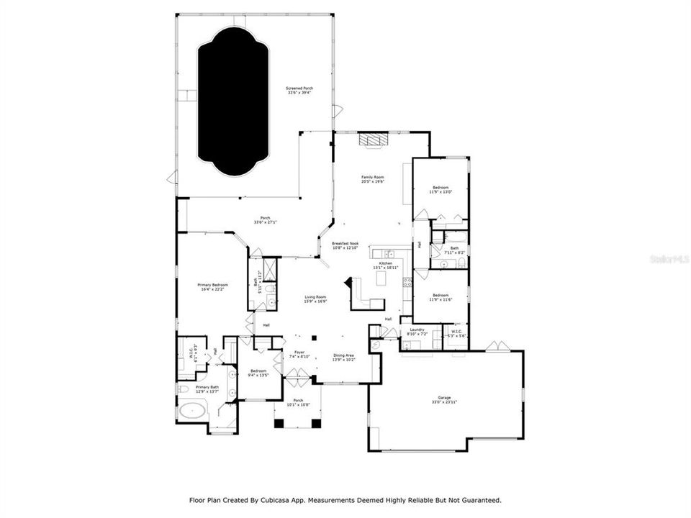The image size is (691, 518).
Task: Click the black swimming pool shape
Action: pyautogui.click(x=234, y=101)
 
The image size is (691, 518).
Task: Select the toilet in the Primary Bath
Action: pyautogui.click(x=182, y=389)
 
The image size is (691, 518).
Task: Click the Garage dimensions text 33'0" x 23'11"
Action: pyautogui.click(x=444, y=402)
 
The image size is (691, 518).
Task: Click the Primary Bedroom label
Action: pyautogui.click(x=212, y=286)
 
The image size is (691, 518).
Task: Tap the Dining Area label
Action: pyautogui.click(x=343, y=355)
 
